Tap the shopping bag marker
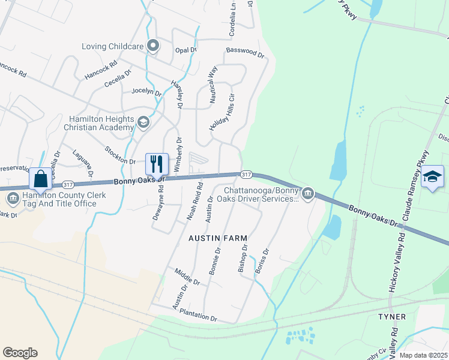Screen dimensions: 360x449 (40, 179)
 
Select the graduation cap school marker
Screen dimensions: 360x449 (432, 177)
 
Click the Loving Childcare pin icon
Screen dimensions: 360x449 (154, 46)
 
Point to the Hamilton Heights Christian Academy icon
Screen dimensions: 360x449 (143, 122)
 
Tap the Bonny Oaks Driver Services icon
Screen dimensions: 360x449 (308, 193)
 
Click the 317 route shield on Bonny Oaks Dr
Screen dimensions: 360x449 (246, 174)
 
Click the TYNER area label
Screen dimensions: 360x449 (392, 316)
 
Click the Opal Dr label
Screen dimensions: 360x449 (185, 50)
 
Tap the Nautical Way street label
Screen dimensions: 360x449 (212, 86)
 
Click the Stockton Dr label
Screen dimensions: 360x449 (120, 155)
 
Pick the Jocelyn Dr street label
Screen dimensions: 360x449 (146, 92)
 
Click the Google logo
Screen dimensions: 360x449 (20, 353)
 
